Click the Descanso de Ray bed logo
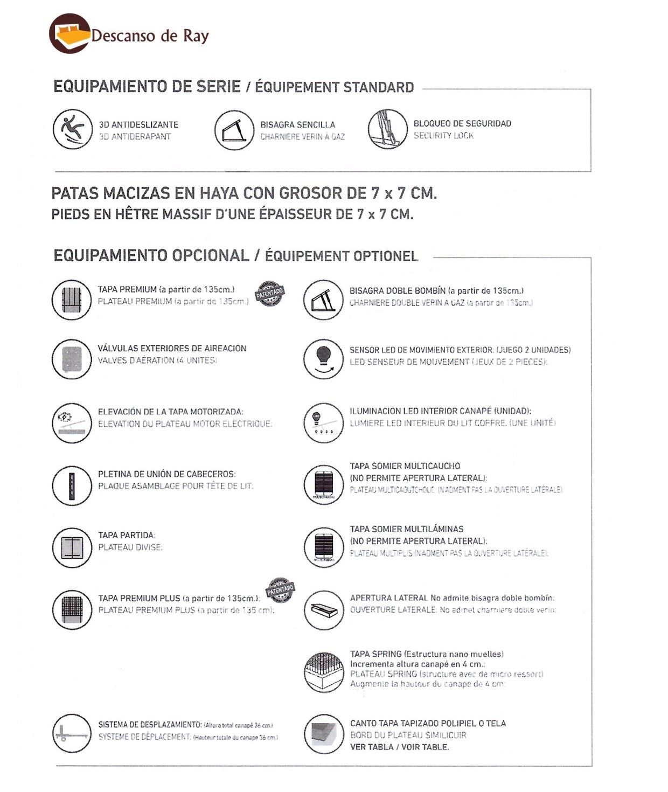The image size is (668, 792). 69,33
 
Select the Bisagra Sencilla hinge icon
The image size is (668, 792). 234,130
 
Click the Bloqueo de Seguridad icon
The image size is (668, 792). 387,129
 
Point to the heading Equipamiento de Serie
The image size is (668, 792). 147,87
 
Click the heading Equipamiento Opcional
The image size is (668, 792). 151,255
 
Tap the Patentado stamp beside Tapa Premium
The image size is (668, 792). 269,294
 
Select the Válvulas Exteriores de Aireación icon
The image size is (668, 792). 72,358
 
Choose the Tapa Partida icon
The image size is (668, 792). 72,547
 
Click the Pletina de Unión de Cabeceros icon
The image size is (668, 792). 72,485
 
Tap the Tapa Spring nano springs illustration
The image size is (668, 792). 323,672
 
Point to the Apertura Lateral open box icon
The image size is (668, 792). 323,609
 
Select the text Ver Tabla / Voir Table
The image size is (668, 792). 399,747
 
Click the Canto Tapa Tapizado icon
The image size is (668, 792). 323,733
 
